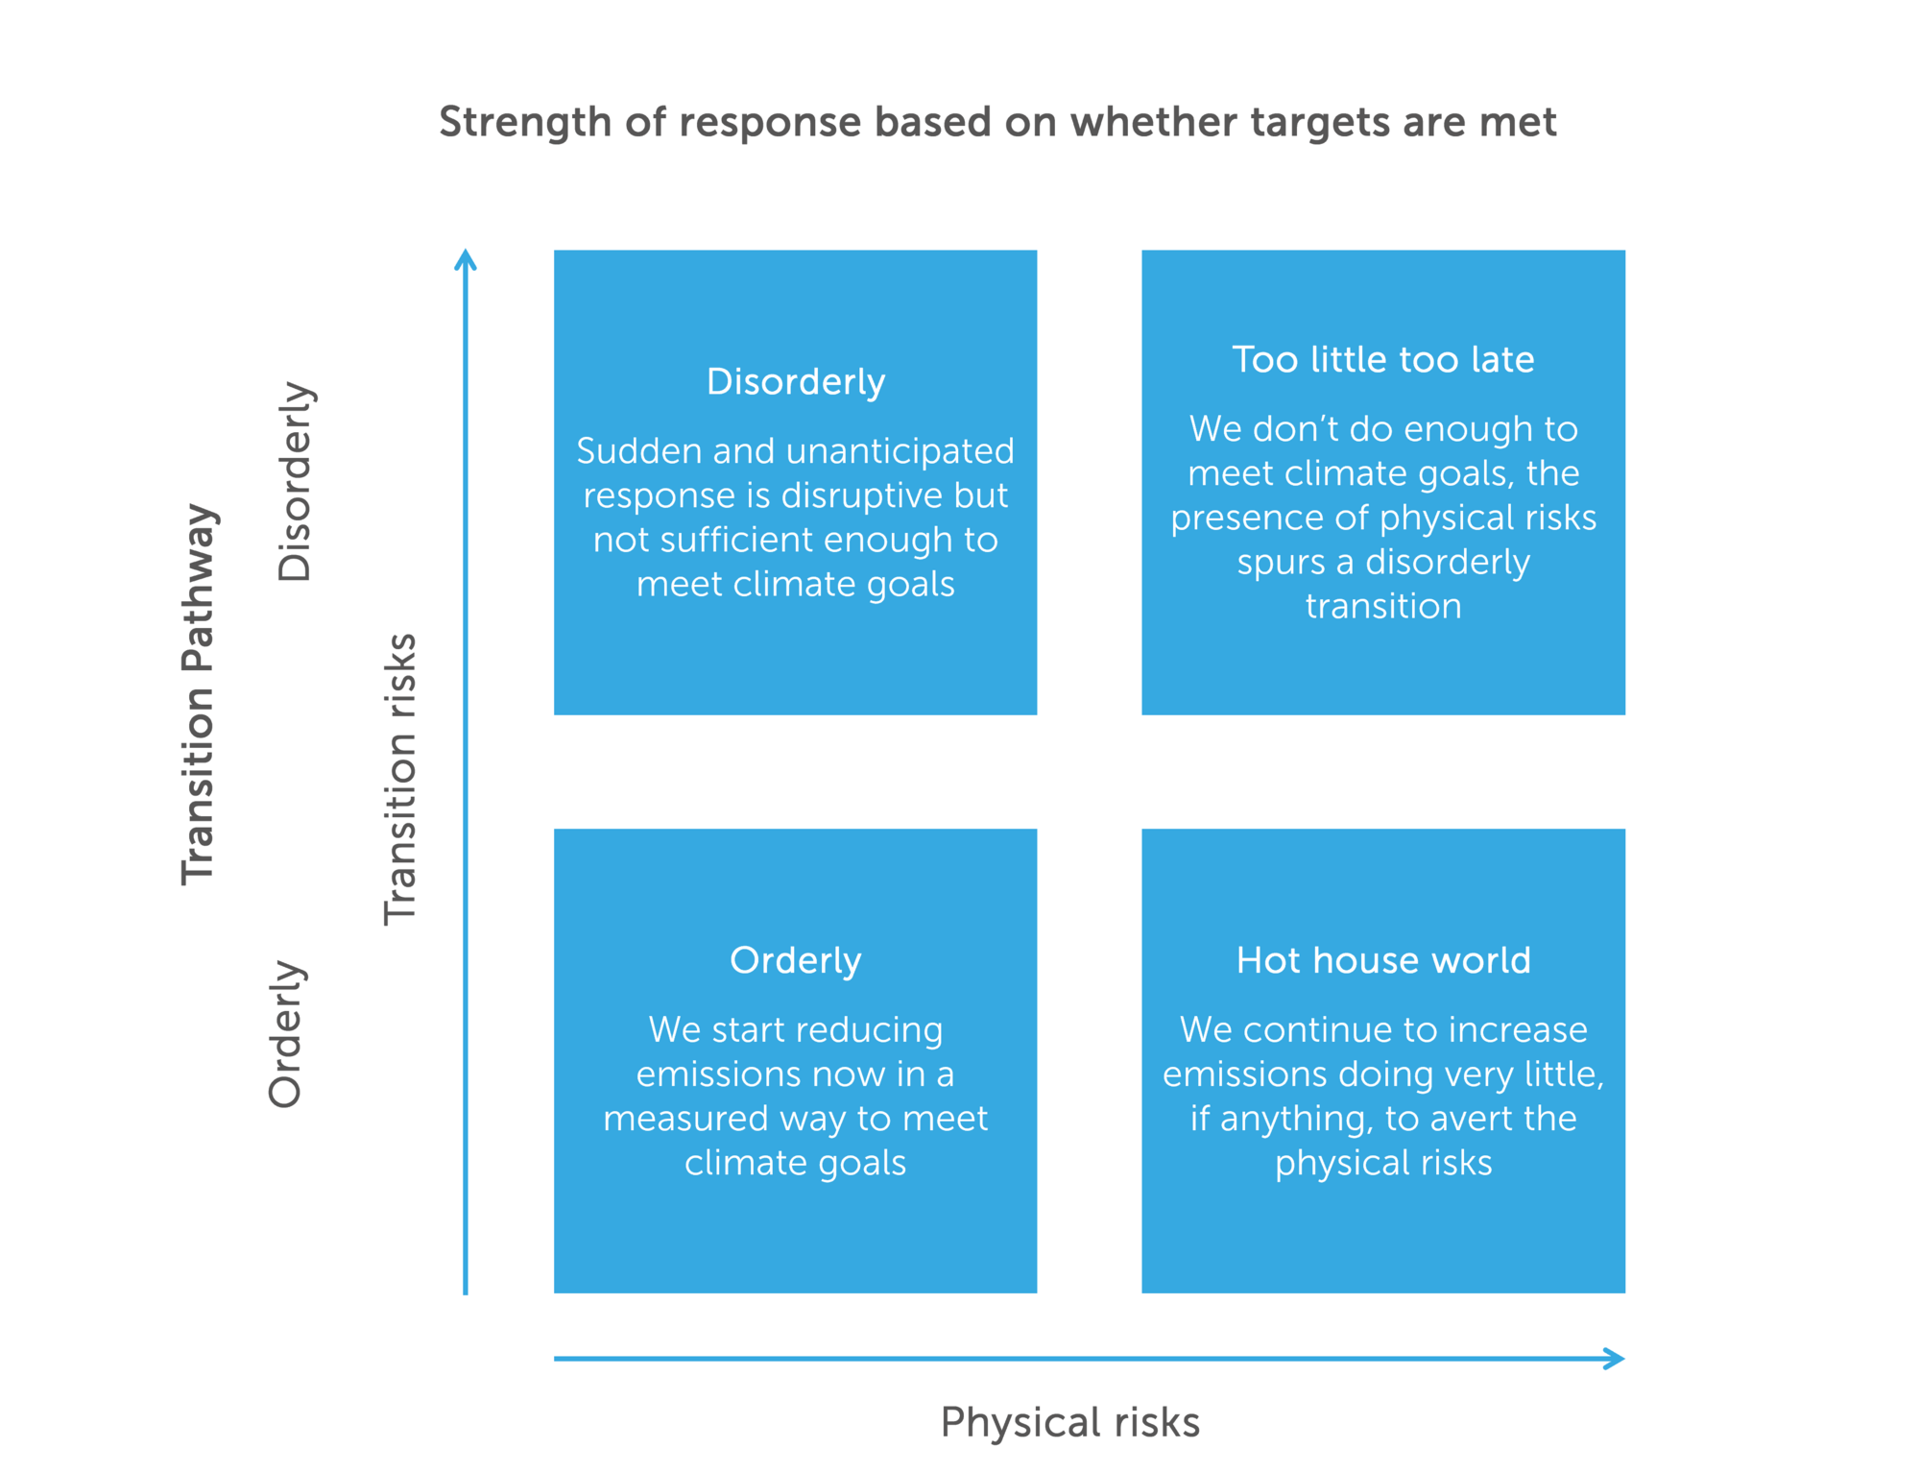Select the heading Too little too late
(1382, 359)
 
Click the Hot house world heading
(1382, 960)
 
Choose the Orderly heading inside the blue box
(796, 961)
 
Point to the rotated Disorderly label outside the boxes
(295, 481)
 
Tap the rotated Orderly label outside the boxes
(286, 1034)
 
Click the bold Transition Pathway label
(199, 693)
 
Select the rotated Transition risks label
(400, 779)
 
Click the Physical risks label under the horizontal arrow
(1070, 1423)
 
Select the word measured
(686, 1119)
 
